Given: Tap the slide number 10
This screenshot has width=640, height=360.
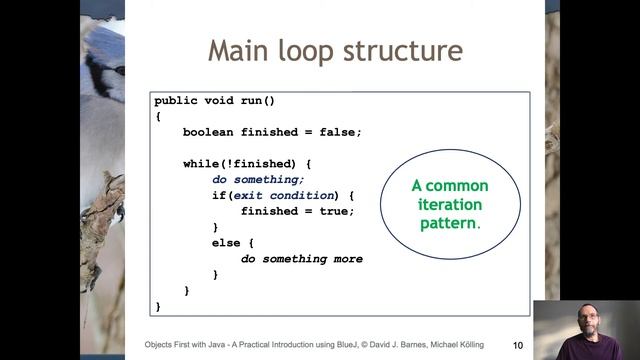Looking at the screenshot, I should coord(518,345).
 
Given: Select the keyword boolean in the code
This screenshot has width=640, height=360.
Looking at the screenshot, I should coord(212,132).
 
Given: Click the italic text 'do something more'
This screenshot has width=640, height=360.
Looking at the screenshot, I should coord(302,259).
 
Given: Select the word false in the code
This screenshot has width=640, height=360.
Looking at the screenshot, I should coord(339,132).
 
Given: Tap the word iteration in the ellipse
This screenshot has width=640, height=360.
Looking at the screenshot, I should coord(450,205).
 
